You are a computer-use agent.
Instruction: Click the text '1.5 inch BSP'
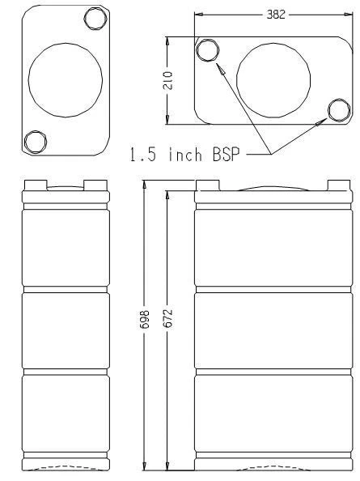[x=186, y=154]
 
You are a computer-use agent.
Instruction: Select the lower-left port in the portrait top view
[x=35, y=142]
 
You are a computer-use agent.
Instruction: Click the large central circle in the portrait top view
[x=65, y=79]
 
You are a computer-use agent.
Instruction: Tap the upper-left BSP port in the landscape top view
[x=208, y=51]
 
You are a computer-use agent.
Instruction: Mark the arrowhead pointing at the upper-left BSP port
[x=218, y=68]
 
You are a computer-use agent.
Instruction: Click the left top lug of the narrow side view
[x=36, y=183]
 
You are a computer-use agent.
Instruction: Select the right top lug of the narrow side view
[x=94, y=183]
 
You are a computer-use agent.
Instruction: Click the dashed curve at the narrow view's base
[x=65, y=467]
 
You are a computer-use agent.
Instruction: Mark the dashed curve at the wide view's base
[x=273, y=467]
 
